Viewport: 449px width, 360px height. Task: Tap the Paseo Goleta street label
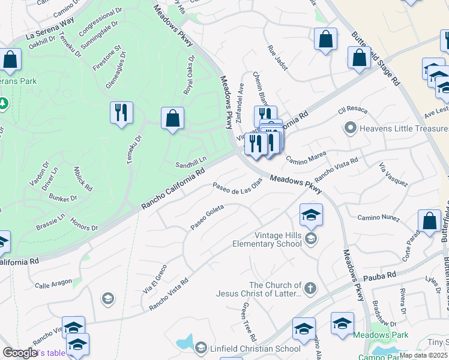coord(207,217)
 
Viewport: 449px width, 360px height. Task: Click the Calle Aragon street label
coord(53,281)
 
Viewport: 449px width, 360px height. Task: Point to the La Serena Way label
coord(50,28)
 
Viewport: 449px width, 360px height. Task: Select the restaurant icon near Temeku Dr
coord(121,113)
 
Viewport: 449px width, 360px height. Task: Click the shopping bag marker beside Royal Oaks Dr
coord(172,118)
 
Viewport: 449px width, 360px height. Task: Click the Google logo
coord(20,353)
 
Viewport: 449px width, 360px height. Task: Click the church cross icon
coord(310,289)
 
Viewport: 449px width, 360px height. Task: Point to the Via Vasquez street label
coord(393,175)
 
